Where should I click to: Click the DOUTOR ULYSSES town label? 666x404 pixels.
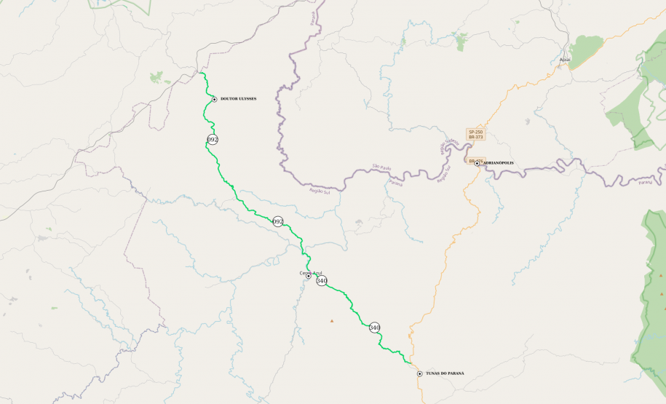coord(238,99)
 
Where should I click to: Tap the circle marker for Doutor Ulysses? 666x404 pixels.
coord(214,99)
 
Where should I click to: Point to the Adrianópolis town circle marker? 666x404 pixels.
coord(477,163)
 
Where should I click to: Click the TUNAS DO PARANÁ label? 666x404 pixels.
coord(445,373)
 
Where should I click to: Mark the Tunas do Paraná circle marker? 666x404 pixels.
coord(420,373)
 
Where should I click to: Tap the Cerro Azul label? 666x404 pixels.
coord(311,273)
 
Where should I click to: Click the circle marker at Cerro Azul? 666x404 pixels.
coord(309,277)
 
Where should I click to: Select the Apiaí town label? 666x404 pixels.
coord(565,60)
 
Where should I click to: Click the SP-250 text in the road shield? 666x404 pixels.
coord(476,132)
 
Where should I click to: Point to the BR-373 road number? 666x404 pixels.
coord(476,137)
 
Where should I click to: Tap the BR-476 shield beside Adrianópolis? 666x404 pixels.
coord(472,161)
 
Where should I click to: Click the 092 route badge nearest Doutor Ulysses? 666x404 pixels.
coord(213,139)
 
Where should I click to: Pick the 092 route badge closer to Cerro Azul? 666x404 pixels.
coord(277,221)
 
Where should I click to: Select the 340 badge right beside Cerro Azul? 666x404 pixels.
coord(322,280)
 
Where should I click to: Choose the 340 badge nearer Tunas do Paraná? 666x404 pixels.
coord(374,328)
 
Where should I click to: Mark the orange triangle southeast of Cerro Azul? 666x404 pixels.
coord(331,320)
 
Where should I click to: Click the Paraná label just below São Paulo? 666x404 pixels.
coord(395,183)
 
